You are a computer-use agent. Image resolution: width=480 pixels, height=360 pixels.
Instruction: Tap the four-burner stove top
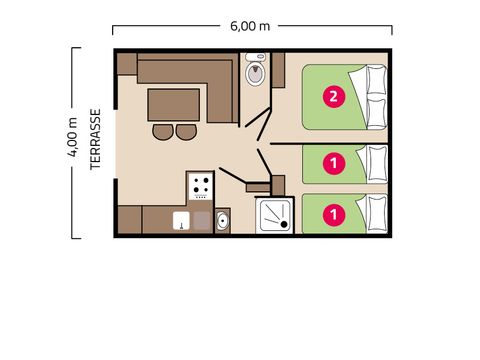pyautogui.click(x=200, y=185)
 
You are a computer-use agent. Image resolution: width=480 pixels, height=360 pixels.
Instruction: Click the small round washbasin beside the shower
pyautogui.click(x=222, y=220)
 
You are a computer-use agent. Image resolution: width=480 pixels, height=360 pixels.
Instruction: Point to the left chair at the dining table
pyautogui.click(x=162, y=131)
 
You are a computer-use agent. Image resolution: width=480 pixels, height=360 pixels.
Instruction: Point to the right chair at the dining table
pyautogui.click(x=186, y=131)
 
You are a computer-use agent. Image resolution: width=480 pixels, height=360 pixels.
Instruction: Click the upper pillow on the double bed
pyautogui.click(x=375, y=79)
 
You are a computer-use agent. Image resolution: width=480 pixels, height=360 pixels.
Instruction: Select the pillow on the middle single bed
pyautogui.click(x=377, y=161)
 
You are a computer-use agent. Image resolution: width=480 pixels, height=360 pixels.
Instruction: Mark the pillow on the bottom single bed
pyautogui.click(x=377, y=212)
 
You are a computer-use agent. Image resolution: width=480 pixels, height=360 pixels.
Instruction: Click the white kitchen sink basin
pyautogui.click(x=182, y=221)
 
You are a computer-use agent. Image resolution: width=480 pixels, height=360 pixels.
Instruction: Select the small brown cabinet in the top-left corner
pyautogui.click(x=126, y=64)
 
